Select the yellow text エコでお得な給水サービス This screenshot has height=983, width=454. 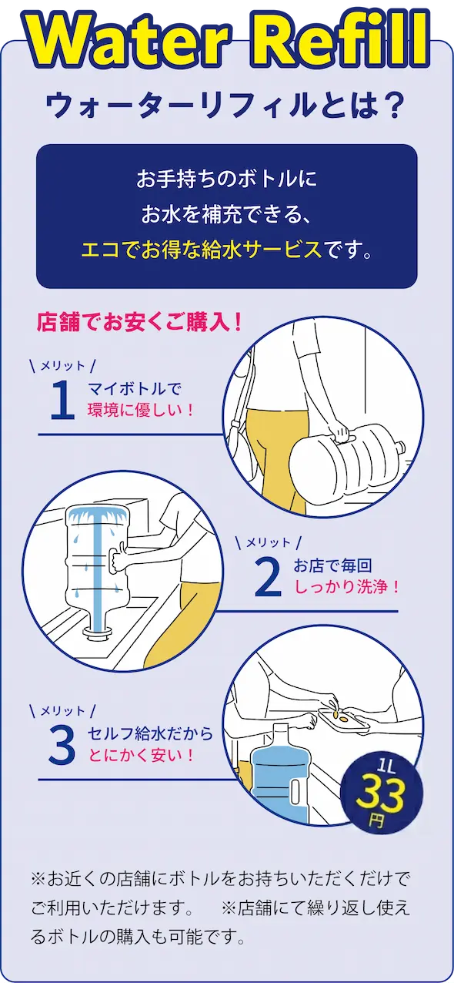(201, 250)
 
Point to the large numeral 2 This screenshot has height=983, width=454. (267, 578)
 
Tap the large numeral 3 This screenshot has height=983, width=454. (62, 745)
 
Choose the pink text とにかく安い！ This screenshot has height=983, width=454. (142, 754)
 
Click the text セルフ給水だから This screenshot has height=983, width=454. (150, 733)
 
